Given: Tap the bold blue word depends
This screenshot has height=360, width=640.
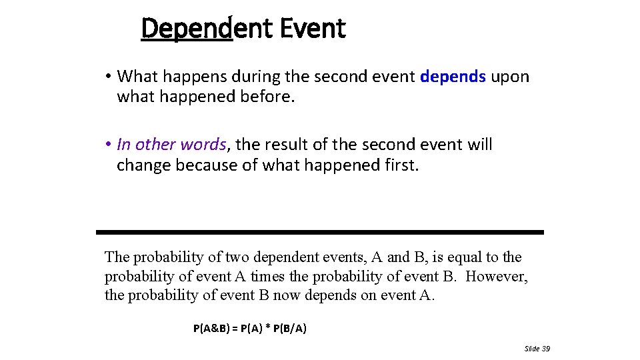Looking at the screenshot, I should pos(453,77).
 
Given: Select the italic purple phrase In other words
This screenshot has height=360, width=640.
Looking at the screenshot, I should pos(171,145).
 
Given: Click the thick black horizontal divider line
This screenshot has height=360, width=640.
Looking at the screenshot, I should pos(320,232).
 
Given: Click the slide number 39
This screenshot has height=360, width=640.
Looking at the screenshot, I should pos(545,349).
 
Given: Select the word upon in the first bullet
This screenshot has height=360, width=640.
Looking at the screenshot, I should pos(510,77).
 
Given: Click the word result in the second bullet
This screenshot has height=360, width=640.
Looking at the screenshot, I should pos(290,145).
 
